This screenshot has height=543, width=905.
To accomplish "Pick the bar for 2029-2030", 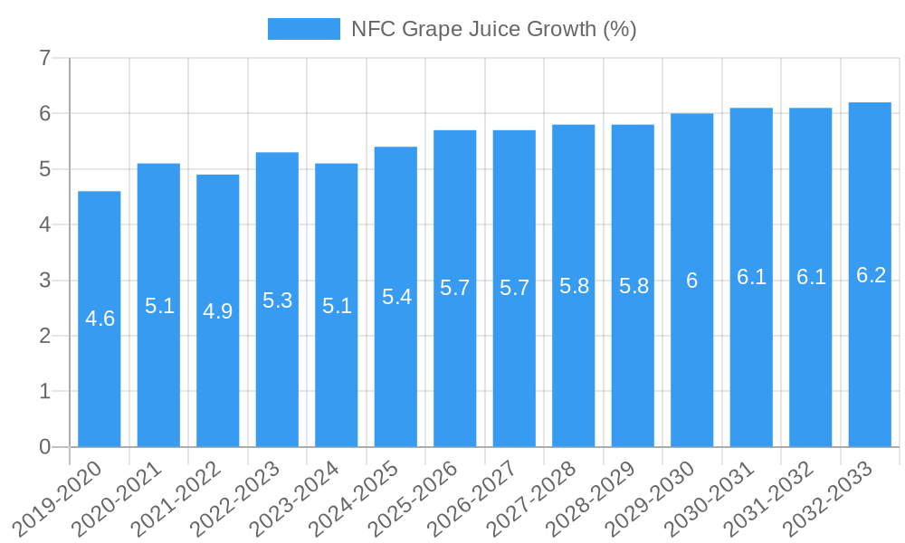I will tap(692, 362).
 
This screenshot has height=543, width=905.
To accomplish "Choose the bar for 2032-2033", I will tap(870, 362).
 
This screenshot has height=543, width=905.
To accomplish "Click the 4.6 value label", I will tap(100, 319).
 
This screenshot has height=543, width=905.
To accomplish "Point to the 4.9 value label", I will tap(218, 311).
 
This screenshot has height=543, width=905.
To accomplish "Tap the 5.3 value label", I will tap(277, 300).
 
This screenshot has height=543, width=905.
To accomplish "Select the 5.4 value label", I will tap(396, 297).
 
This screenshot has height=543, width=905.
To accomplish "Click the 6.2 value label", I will tap(871, 275).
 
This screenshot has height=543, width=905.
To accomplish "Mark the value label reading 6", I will tap(692, 281).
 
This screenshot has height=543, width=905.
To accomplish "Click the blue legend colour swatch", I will tap(304, 29).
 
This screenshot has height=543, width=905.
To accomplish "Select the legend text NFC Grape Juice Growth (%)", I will tap(494, 29).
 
